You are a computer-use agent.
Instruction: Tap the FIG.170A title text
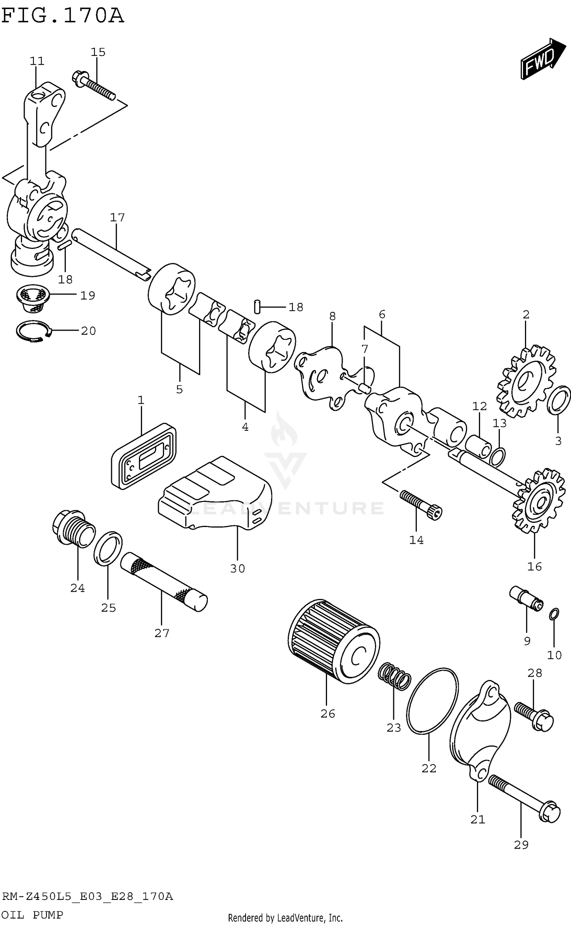63,16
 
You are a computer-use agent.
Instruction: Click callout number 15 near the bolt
98,52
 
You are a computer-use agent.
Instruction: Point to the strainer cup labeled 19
32,299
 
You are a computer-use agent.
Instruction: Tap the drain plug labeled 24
73,529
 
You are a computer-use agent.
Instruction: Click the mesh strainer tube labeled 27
164,582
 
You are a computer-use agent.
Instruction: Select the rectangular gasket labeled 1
144,456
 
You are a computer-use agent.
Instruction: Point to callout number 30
237,568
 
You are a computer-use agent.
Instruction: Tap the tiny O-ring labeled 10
554,614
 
